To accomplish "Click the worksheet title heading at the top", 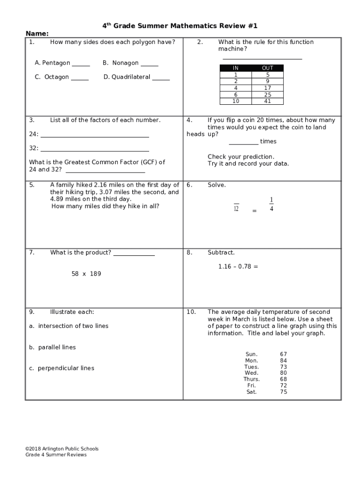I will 180,25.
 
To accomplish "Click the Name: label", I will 37,34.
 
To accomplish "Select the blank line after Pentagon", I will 81,65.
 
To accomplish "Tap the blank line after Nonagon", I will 149,65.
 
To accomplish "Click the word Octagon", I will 57,77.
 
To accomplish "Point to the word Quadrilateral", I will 130,77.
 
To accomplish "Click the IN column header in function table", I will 236,68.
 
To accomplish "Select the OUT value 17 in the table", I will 267,88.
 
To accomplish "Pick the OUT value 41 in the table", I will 267,101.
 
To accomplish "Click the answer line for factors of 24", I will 95,137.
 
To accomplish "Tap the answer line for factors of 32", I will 95,151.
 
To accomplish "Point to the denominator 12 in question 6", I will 236,209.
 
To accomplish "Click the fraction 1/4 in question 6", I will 271,204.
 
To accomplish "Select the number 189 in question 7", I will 95,274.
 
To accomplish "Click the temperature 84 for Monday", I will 283,361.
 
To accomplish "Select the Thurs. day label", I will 252,379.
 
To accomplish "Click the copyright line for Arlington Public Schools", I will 62,449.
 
